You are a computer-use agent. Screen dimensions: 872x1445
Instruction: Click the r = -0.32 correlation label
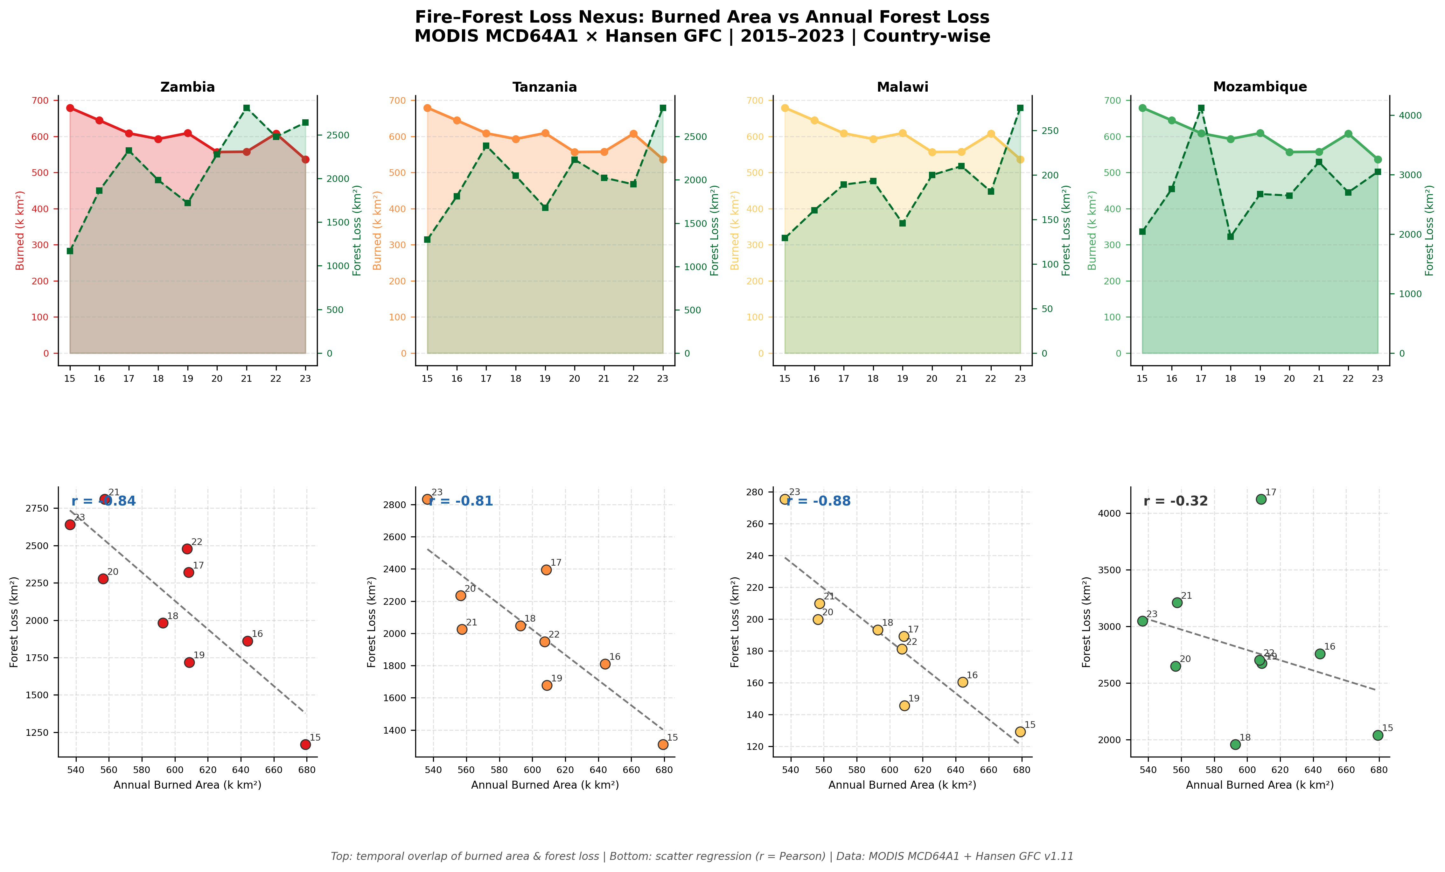(x=1176, y=501)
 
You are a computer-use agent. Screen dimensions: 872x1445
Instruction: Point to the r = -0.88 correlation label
(x=819, y=501)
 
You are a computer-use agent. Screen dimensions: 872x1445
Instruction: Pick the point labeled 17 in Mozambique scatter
(x=1261, y=499)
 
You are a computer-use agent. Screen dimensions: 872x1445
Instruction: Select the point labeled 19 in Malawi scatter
(x=904, y=706)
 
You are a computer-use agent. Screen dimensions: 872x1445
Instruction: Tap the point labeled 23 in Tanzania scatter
(x=427, y=499)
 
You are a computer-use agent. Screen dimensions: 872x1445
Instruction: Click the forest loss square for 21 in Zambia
(x=246, y=108)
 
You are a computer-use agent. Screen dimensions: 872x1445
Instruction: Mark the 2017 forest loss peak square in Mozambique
(x=1201, y=108)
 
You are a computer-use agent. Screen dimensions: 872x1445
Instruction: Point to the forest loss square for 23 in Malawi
(x=1020, y=108)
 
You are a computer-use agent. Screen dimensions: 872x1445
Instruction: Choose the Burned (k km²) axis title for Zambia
(x=20, y=230)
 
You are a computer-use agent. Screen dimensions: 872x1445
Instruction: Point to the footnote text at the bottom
(x=702, y=856)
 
